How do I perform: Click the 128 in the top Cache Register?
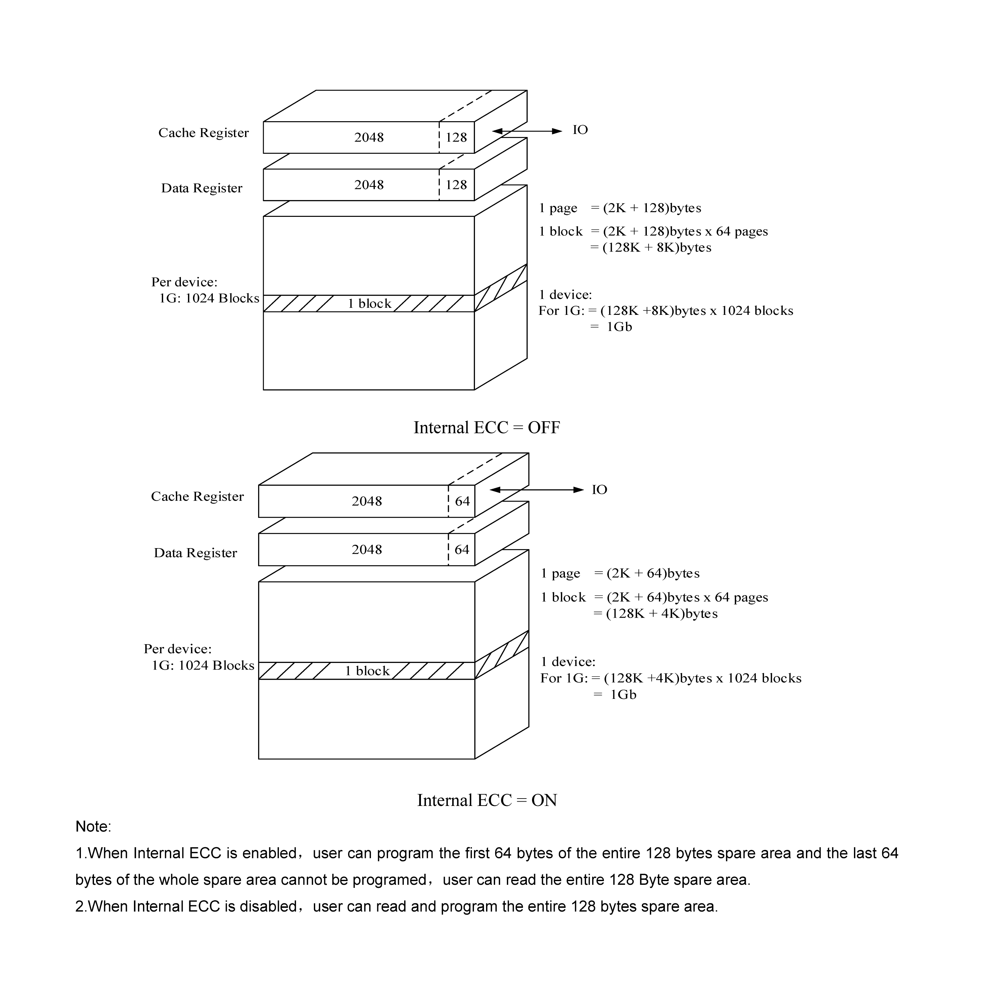point(456,138)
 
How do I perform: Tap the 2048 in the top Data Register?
point(369,185)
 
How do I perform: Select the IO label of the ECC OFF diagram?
point(580,130)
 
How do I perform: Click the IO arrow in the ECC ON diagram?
point(536,490)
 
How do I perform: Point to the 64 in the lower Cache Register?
point(462,501)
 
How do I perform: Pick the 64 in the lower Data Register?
point(462,550)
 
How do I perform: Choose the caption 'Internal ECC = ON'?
point(486,801)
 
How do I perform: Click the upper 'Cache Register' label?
point(203,133)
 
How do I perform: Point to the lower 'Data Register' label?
point(195,553)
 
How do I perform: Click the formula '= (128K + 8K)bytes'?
point(651,248)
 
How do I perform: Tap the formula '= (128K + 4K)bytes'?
point(655,614)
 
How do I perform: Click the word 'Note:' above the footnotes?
point(93,827)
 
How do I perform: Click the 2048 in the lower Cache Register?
point(367,501)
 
